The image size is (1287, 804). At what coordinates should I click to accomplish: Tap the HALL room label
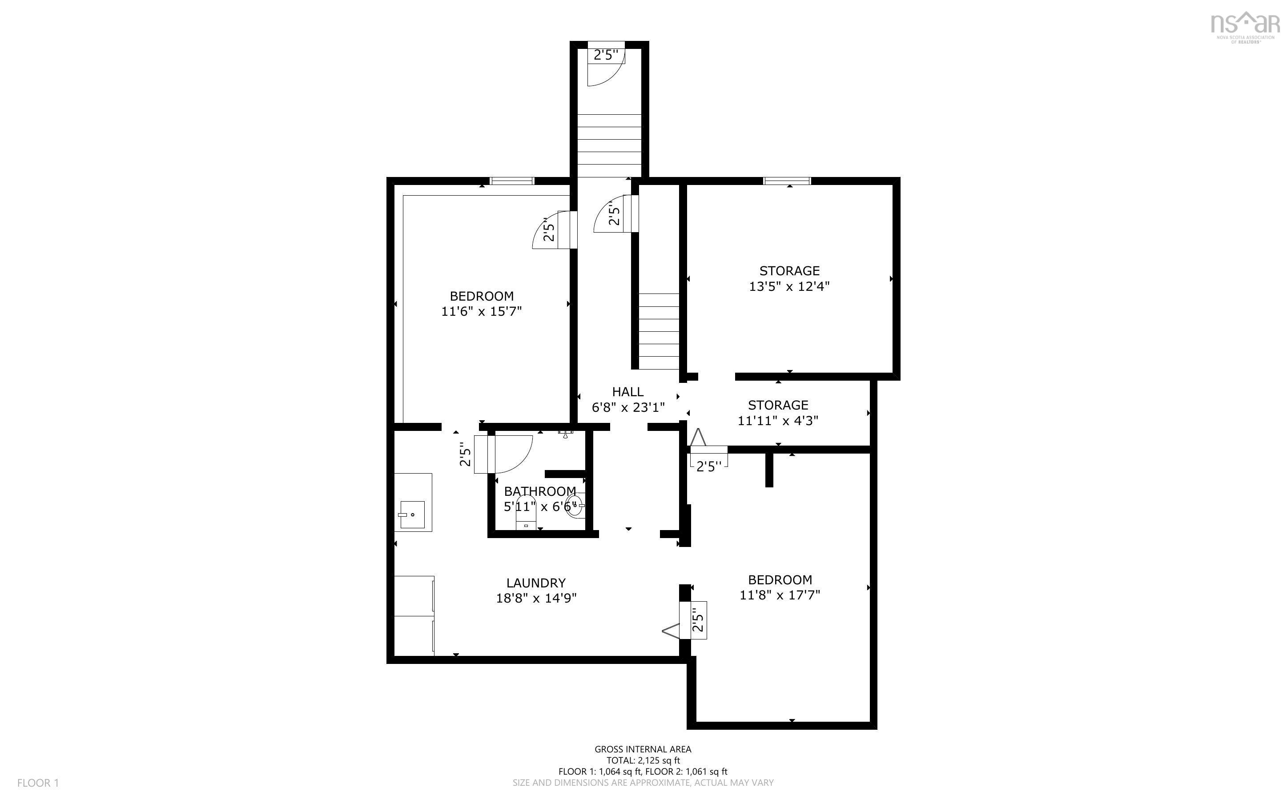pyautogui.click(x=628, y=392)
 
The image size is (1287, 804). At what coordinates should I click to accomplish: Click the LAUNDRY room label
pyautogui.click(x=535, y=583)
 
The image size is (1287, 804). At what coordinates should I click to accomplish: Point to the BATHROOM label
pyautogui.click(x=539, y=491)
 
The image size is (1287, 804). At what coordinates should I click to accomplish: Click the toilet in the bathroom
pyautogui.click(x=525, y=514)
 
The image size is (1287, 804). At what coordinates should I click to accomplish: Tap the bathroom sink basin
pyautogui.click(x=574, y=506)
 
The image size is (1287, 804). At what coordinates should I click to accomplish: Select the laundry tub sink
pyautogui.click(x=412, y=514)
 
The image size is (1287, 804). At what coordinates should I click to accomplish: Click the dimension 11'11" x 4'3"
pyautogui.click(x=777, y=421)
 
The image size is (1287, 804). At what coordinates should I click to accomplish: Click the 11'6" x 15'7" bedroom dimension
pyautogui.click(x=481, y=311)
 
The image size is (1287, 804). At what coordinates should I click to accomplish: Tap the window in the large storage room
pyautogui.click(x=787, y=181)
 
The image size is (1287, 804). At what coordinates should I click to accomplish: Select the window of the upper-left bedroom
pyautogui.click(x=511, y=181)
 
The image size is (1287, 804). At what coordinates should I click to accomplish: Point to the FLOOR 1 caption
pyautogui.click(x=38, y=783)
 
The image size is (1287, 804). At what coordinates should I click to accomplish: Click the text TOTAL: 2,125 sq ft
pyautogui.click(x=643, y=760)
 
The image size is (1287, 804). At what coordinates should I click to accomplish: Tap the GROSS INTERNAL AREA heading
pyautogui.click(x=643, y=749)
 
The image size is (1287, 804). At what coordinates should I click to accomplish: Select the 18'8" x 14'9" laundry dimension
pyautogui.click(x=536, y=598)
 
